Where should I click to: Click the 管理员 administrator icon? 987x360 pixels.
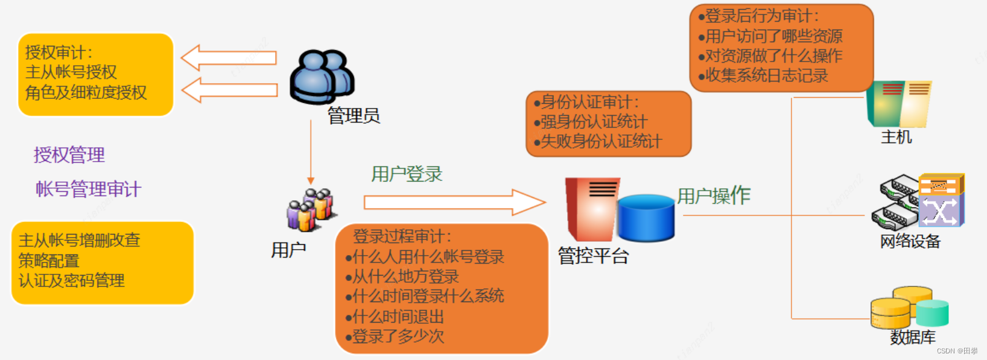(x=322, y=77)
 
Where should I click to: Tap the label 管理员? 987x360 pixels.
(x=354, y=116)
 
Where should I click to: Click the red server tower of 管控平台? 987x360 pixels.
(x=591, y=209)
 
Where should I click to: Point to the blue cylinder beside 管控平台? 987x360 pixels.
(x=646, y=218)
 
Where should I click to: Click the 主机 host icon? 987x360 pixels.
(x=898, y=104)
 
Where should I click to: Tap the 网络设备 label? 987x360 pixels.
(x=910, y=242)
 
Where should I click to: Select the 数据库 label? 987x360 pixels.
(x=913, y=337)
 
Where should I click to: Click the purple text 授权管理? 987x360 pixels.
(x=69, y=155)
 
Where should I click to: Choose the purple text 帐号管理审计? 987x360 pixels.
(x=88, y=189)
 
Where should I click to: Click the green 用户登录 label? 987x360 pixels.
(x=407, y=174)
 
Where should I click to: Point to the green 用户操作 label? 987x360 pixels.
(x=714, y=196)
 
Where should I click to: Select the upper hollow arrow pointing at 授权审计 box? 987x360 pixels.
(x=229, y=58)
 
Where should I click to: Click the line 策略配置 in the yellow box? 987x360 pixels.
(x=49, y=261)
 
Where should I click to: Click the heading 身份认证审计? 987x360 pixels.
(x=589, y=102)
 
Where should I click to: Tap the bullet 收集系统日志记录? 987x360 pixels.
(x=766, y=75)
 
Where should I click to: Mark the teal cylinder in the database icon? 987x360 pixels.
(x=933, y=313)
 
